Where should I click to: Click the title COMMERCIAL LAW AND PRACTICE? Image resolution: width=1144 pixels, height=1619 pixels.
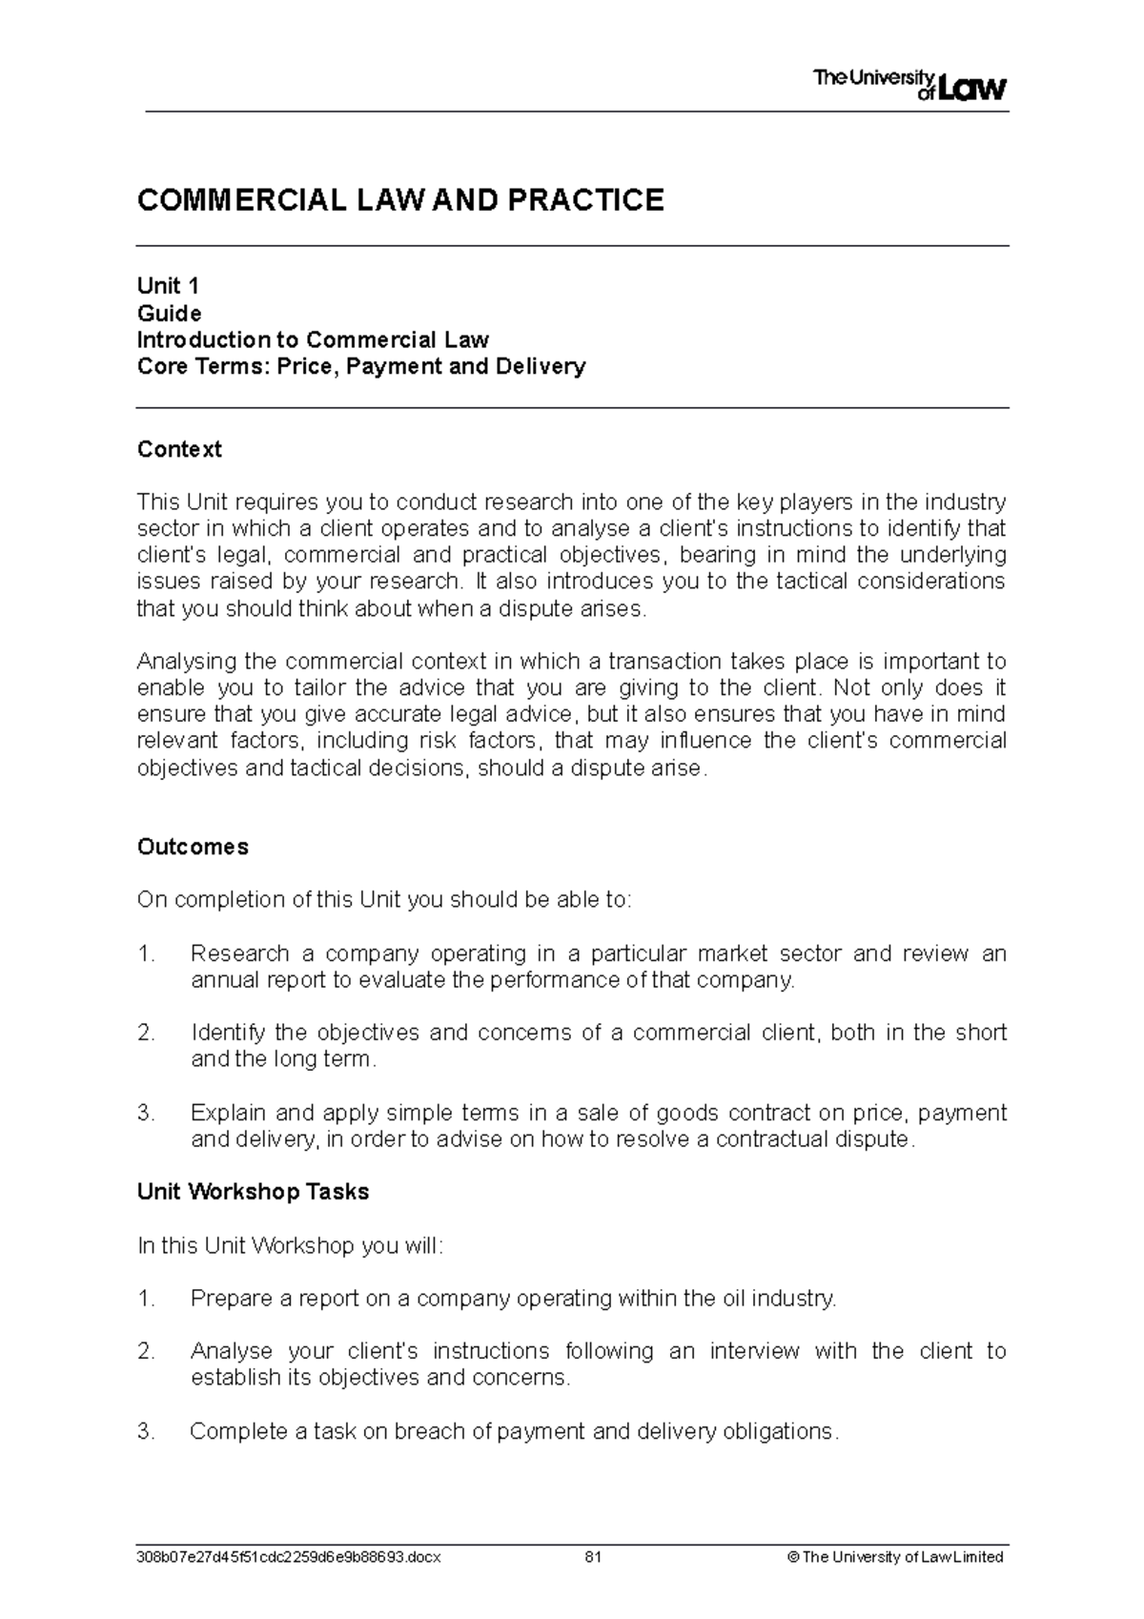click(400, 200)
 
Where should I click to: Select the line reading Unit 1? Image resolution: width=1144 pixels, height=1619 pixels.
click(168, 286)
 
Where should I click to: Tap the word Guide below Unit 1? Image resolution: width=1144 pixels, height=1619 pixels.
click(169, 313)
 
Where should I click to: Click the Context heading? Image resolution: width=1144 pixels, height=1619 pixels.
click(179, 449)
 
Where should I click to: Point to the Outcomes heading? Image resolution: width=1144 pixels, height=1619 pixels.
click(193, 847)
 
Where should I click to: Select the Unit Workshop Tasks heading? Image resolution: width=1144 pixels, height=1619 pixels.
click(253, 1192)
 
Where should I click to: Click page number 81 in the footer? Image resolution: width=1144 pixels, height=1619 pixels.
click(593, 1557)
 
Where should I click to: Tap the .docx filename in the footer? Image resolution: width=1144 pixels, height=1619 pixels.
click(289, 1557)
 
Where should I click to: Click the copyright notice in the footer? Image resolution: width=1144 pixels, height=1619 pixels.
click(895, 1557)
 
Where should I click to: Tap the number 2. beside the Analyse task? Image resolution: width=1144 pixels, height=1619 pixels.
click(146, 1351)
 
